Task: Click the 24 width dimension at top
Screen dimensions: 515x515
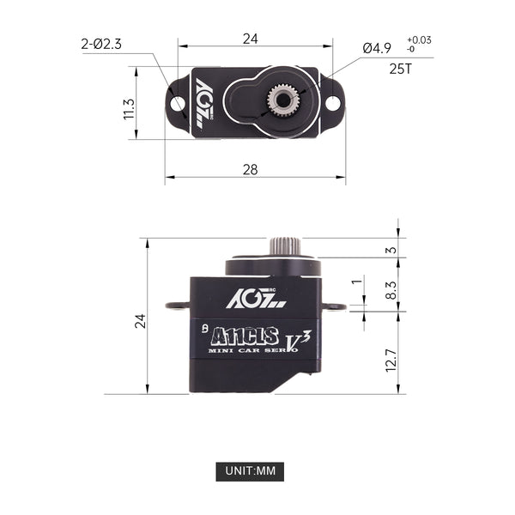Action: click(x=250, y=39)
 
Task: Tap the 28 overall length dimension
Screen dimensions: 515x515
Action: click(x=250, y=169)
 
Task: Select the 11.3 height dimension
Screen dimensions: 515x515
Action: click(x=130, y=108)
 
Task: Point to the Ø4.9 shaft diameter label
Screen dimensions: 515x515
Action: click(x=379, y=47)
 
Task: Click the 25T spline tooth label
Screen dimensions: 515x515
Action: click(x=401, y=68)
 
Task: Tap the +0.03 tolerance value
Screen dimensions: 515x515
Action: click(x=420, y=39)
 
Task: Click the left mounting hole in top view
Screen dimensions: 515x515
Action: click(x=178, y=102)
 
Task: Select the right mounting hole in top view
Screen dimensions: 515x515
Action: click(x=332, y=102)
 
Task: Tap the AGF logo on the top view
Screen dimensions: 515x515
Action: click(x=204, y=102)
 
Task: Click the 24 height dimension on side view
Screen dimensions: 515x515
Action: click(x=140, y=320)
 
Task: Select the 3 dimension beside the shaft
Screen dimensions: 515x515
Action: click(x=391, y=250)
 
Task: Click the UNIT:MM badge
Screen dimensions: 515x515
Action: click(x=250, y=471)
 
